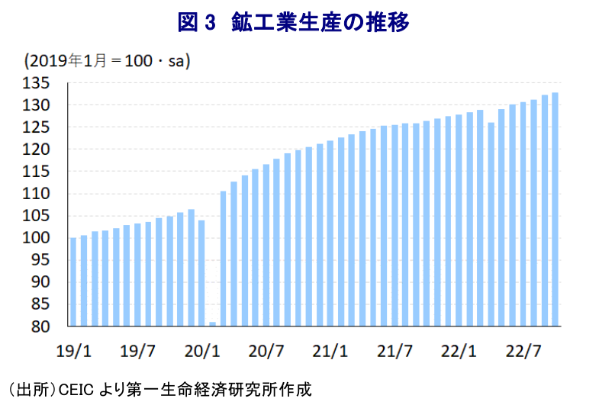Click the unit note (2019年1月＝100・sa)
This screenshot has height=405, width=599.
pyautogui.click(x=107, y=59)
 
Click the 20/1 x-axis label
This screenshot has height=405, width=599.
pyautogui.click(x=202, y=352)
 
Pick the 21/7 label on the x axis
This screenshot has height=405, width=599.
pyautogui.click(x=395, y=352)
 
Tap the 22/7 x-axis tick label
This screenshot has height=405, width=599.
pyautogui.click(x=523, y=352)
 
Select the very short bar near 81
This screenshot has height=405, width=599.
pyautogui.click(x=212, y=324)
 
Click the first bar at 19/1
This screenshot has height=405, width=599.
pyautogui.click(x=73, y=282)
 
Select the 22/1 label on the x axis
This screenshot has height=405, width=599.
pyautogui.click(x=459, y=352)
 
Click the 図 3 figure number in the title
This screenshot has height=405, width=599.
pyautogui.click(x=198, y=23)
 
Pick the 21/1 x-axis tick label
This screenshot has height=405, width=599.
pyautogui.click(x=330, y=352)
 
